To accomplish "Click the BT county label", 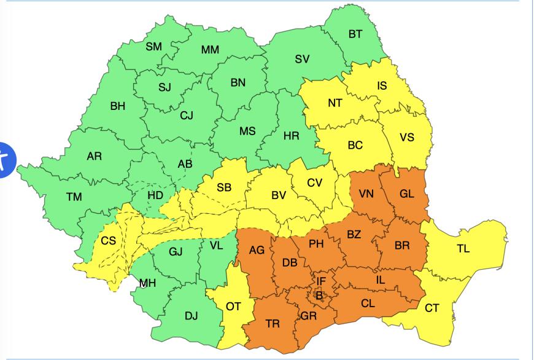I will coord(355,34).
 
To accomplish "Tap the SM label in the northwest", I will coord(154,47).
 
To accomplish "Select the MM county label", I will coord(210,50).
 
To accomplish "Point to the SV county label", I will coord(302,59).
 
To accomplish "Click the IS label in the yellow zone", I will coord(382,86).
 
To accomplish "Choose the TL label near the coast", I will coord(463,249).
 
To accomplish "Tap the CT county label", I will coord(432,308).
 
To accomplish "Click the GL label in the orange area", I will coord(406,194).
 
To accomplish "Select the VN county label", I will coord(366,194).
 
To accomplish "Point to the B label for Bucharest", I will coord(319,295).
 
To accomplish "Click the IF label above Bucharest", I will coord(320,282).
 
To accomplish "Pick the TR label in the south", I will coord(273,324).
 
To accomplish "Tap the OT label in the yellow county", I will coord(233,307).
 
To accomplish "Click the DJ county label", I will coord(192,316).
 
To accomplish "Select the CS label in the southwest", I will coord(109,241).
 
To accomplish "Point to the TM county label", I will coord(74,197).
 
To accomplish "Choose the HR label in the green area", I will coord(292,136).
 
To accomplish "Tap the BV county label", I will coord(279,196).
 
